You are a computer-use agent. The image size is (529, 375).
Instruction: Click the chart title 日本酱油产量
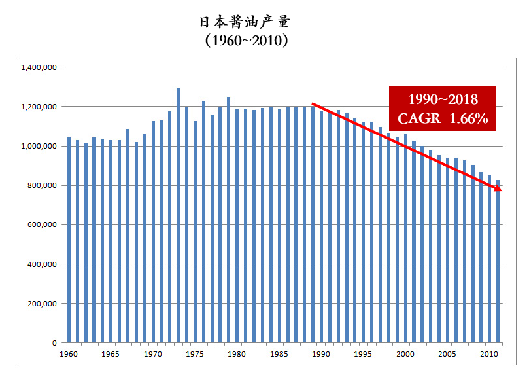tap(245, 21)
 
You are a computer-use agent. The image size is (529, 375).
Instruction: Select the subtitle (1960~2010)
tap(245, 41)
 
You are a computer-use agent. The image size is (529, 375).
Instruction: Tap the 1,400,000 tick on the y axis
tap(40, 67)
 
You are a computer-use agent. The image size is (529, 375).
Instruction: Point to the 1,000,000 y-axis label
tap(40, 146)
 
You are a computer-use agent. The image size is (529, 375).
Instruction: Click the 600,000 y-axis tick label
tap(44, 224)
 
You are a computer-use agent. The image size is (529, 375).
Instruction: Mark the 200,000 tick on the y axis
tap(44, 304)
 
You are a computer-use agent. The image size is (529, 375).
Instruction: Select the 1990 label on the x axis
tap(321, 354)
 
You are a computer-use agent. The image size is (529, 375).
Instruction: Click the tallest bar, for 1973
tap(178, 216)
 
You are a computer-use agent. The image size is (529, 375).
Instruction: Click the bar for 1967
tap(128, 236)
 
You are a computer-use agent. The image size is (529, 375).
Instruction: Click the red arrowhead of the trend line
tap(498, 188)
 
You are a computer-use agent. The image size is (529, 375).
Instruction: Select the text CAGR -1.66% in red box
tap(443, 119)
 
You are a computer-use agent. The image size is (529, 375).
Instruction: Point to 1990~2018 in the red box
tap(443, 100)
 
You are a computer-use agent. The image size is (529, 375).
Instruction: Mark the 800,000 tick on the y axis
tap(44, 185)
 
